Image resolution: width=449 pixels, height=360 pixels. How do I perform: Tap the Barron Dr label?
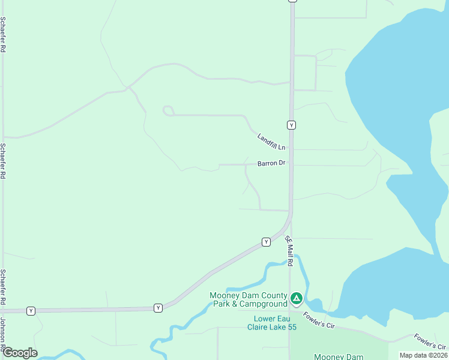click(x=271, y=163)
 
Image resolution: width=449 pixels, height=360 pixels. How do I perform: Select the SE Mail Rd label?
click(x=289, y=251)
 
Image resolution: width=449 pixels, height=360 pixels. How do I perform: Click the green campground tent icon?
click(x=296, y=298)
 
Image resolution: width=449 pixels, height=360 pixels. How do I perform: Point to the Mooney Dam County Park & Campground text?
click(x=249, y=299)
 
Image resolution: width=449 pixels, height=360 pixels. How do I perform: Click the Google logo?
click(x=20, y=353)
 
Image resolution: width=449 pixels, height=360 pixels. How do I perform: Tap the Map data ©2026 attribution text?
click(x=423, y=355)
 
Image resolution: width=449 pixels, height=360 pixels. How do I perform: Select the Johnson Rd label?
click(x=3, y=333)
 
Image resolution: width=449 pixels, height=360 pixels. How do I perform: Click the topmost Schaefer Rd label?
click(x=3, y=35)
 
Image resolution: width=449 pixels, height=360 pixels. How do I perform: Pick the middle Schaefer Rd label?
click(x=3, y=161)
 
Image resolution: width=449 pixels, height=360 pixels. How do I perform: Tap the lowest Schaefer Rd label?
click(x=3, y=287)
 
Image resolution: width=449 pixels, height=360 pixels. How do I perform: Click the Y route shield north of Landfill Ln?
click(x=291, y=125)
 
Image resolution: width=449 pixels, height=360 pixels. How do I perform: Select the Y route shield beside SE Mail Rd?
click(x=266, y=242)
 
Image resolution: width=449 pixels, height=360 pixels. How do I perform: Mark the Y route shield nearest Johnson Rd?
click(x=31, y=311)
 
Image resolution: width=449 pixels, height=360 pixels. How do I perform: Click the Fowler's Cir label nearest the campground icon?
click(x=318, y=320)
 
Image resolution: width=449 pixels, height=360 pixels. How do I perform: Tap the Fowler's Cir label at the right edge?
click(x=430, y=341)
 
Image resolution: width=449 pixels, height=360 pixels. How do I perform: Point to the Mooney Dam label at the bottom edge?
click(x=340, y=356)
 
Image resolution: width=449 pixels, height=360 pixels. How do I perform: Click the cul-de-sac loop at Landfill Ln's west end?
click(x=168, y=110)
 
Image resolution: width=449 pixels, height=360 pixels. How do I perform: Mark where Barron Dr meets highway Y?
click(x=291, y=164)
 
